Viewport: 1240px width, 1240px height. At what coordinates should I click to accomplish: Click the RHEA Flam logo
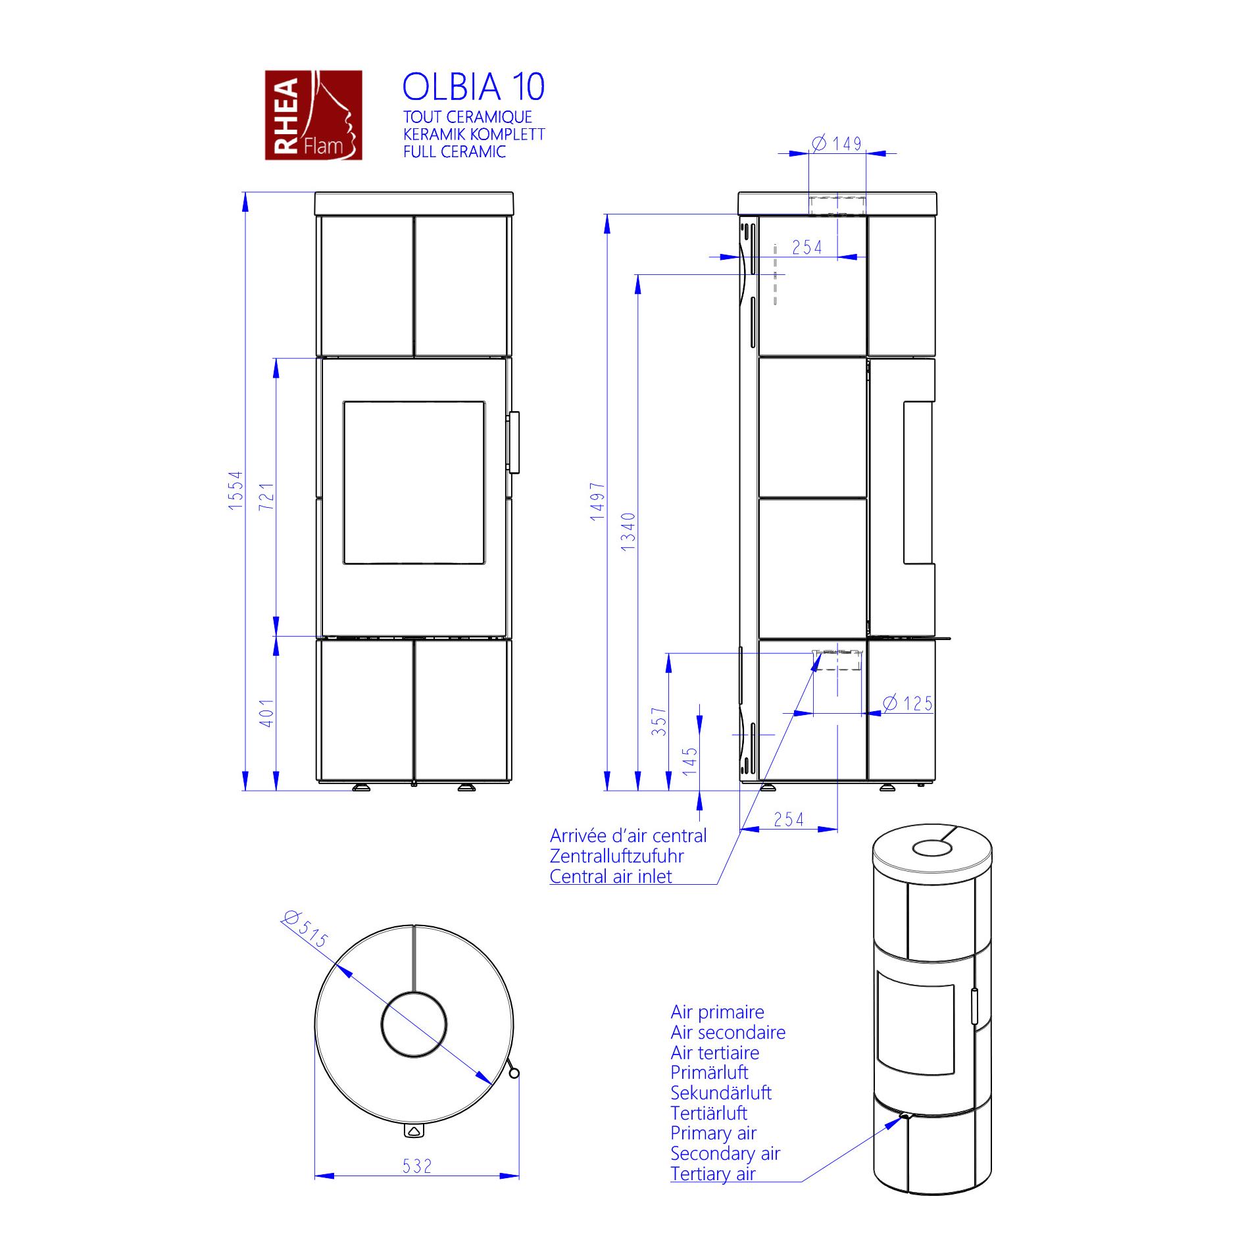click(x=313, y=115)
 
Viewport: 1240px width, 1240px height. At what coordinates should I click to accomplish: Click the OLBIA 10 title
click(x=474, y=87)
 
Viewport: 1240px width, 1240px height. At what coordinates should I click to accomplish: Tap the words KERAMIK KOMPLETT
click(x=474, y=134)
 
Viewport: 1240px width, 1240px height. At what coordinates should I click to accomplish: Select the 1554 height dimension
click(x=236, y=490)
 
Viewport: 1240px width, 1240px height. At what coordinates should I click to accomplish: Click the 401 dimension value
click(x=266, y=712)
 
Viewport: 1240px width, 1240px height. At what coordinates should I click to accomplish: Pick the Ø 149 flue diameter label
click(x=837, y=143)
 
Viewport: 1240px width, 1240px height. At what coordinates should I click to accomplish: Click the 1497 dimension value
click(x=597, y=501)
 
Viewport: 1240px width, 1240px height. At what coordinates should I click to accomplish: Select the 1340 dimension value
click(x=628, y=532)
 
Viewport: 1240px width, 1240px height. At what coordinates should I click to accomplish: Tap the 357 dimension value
click(x=659, y=721)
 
